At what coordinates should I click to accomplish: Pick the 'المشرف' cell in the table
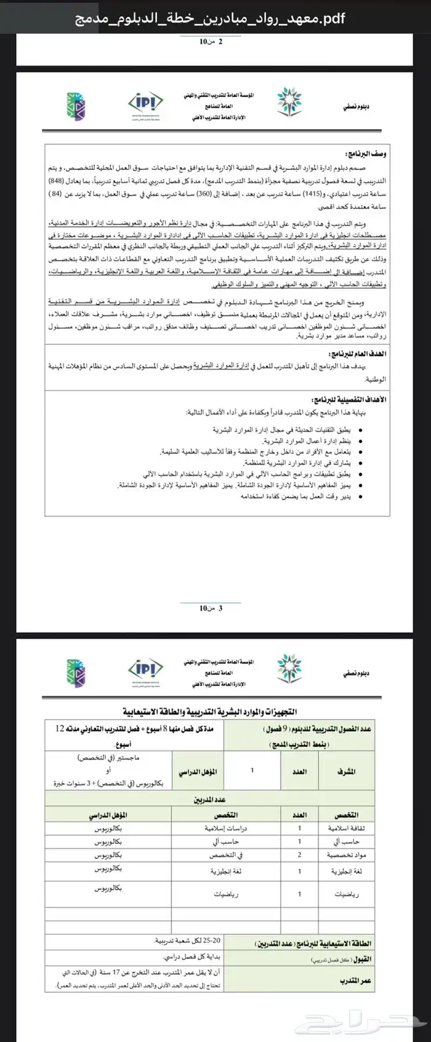[346, 770]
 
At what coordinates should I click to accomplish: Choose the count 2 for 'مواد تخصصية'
[300, 855]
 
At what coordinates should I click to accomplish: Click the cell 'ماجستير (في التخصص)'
[111, 758]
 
